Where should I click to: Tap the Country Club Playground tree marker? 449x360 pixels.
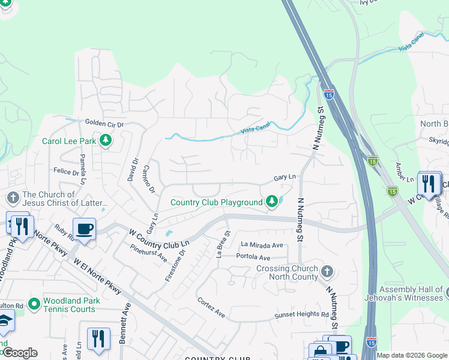[x=272, y=202]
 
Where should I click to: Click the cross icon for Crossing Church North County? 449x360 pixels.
[x=327, y=271]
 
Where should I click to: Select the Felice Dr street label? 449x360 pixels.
[x=66, y=172]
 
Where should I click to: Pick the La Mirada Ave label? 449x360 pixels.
[x=262, y=245]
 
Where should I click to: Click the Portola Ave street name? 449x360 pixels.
[x=254, y=257]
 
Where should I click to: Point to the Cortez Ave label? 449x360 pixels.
[x=211, y=307]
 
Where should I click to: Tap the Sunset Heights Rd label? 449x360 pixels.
[x=301, y=315]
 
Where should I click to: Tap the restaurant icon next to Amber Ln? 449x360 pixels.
[x=428, y=182]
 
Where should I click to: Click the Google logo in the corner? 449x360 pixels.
[x=19, y=353]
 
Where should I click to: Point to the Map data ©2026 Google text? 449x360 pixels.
[x=412, y=355]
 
